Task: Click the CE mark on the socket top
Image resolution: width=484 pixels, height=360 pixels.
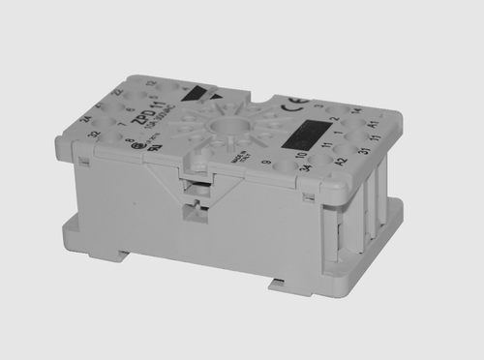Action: pos(290,99)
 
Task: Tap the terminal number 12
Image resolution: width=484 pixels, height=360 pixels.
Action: pos(150,83)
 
